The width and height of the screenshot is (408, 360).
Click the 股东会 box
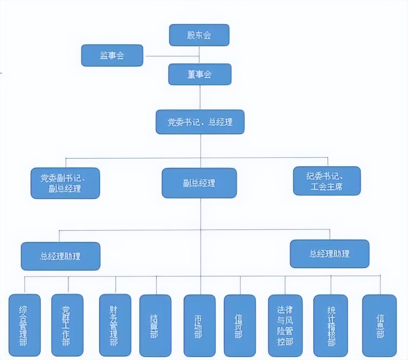(x=199, y=35)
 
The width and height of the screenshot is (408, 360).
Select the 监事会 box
(x=112, y=56)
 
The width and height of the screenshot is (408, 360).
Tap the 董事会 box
(x=200, y=74)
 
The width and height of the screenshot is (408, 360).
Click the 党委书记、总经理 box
(x=200, y=122)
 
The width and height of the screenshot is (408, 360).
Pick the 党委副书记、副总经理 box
(x=65, y=183)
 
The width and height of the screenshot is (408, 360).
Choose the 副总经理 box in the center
(x=199, y=183)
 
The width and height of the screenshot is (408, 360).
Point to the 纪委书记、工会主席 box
(x=327, y=181)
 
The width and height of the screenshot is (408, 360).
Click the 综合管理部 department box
(x=25, y=325)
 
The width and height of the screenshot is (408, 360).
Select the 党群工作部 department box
(x=67, y=325)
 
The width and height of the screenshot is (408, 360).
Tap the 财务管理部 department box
(x=115, y=325)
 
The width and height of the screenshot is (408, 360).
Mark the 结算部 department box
(x=155, y=326)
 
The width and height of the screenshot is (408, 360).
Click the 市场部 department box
(x=200, y=326)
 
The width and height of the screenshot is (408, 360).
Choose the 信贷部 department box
(x=240, y=326)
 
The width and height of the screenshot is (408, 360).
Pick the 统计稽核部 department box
(x=331, y=326)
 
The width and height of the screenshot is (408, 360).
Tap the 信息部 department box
(x=380, y=326)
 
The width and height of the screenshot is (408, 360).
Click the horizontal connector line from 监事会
(x=171, y=56)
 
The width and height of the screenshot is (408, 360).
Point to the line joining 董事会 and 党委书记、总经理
(x=200, y=98)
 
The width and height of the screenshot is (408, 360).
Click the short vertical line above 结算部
(x=156, y=285)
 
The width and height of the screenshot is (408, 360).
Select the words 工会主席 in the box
(x=327, y=187)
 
